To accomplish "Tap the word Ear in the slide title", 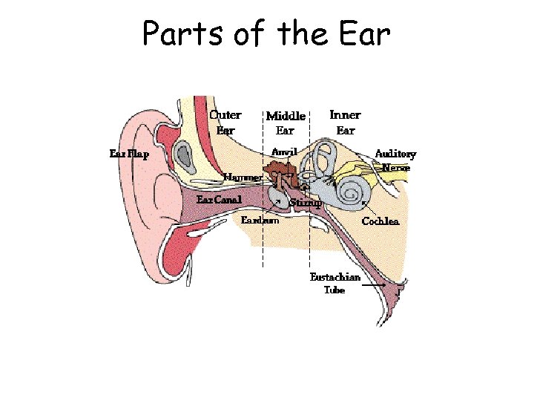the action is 363,33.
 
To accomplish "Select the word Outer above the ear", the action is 225,115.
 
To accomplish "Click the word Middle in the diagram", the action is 286,116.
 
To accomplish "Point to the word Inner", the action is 345,115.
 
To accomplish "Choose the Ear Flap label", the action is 129,154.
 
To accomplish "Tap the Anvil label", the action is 284,151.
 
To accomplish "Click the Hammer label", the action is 243,178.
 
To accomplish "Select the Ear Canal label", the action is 219,200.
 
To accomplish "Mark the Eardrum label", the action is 260,220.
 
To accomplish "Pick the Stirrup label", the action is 306,202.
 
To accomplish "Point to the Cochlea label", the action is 380,221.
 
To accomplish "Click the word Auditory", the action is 395,154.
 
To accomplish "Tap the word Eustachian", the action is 335,277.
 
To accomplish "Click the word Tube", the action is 334,290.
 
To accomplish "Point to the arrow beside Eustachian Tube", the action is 374,284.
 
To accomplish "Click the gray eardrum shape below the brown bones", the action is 277,200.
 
